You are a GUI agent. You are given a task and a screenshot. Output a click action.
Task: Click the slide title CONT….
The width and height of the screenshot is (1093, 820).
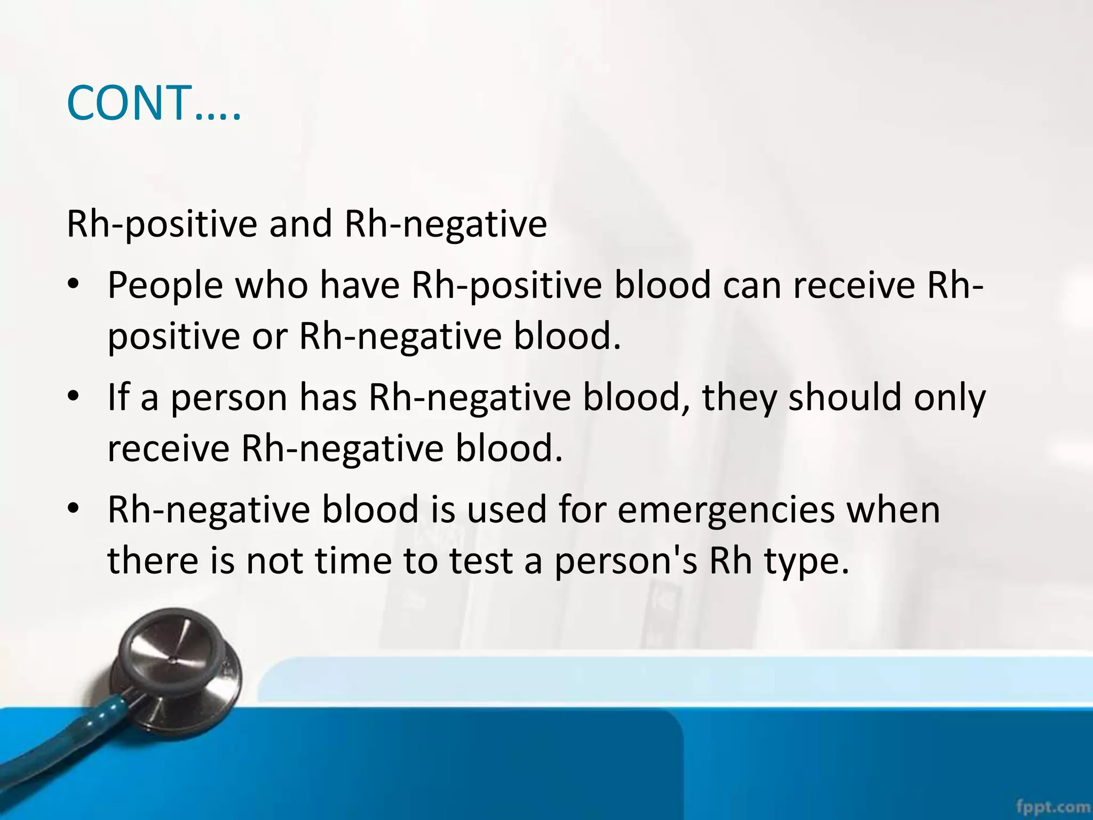[154, 103]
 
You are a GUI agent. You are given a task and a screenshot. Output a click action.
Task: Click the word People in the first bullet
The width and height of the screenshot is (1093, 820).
[165, 286]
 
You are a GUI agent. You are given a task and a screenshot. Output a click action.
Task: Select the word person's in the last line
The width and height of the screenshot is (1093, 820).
[625, 562]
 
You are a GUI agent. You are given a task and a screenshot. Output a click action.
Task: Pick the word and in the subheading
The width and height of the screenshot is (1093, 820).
[300, 224]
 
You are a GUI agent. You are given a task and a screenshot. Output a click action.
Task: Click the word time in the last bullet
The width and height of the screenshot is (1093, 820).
[352, 561]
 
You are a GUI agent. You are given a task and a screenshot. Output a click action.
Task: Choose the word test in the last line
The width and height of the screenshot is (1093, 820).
[481, 562]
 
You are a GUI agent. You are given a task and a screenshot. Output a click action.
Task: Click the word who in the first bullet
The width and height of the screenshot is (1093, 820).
[272, 285]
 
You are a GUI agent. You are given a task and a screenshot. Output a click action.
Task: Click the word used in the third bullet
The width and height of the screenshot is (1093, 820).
[506, 510]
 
